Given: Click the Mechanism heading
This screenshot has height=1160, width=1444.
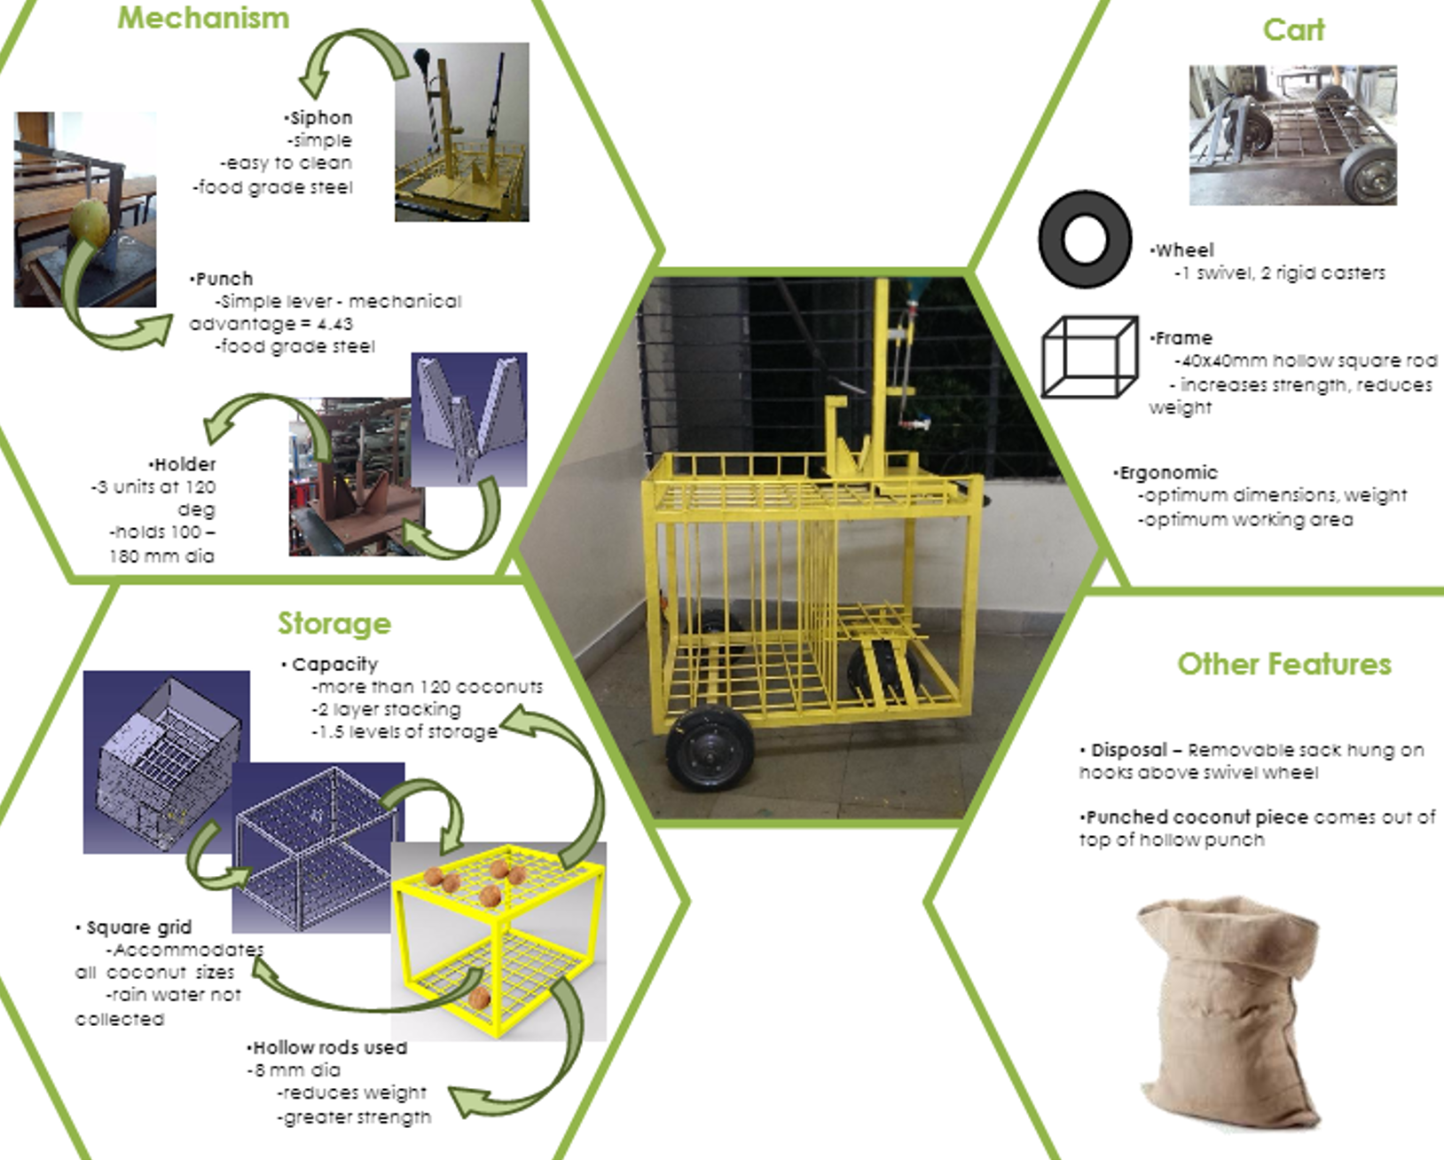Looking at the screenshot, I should (x=203, y=18).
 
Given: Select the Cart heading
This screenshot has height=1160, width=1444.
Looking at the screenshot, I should (x=1293, y=30).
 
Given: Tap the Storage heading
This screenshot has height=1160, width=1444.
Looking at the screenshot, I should (x=334, y=623).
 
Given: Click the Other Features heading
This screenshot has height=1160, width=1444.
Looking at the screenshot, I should (x=1283, y=664).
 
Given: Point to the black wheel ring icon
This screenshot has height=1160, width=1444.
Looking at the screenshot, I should (x=1084, y=240).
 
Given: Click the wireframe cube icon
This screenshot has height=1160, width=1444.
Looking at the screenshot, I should (x=1089, y=357).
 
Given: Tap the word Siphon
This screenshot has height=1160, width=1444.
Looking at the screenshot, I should (x=320, y=118).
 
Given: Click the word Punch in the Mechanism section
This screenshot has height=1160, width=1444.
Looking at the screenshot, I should (x=224, y=279).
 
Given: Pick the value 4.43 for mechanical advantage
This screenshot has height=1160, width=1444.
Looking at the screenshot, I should (x=334, y=324).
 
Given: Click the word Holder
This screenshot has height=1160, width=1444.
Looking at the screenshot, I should (x=184, y=464).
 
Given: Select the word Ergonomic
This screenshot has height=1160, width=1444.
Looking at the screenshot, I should (x=1168, y=473).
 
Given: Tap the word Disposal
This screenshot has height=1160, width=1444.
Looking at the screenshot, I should (x=1128, y=750).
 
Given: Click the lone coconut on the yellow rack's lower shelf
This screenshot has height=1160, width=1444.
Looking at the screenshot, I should (x=479, y=998).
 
